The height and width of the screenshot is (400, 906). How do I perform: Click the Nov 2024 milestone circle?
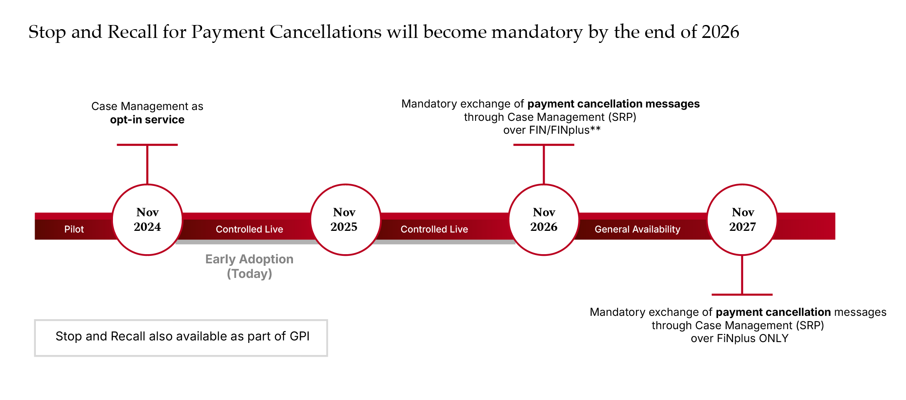coord(147,220)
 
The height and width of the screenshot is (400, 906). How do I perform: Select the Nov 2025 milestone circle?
coord(345,220)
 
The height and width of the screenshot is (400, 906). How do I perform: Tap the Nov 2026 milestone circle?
coord(543,220)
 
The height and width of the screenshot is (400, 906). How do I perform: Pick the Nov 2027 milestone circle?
coord(742,220)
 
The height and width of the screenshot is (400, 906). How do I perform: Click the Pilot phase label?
coord(74,229)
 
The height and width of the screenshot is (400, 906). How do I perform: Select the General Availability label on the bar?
coord(637,229)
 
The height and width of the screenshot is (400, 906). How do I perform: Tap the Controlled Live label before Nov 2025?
coord(249,229)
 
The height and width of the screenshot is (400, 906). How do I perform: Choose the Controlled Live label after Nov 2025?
coord(434,229)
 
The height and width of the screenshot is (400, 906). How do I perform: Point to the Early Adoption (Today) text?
coord(249,266)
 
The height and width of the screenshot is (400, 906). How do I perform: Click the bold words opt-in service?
coord(147,120)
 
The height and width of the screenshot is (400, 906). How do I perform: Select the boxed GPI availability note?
coord(181,337)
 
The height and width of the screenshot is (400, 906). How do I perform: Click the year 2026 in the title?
coord(720,32)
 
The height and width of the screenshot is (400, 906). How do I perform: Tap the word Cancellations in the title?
coord(325,32)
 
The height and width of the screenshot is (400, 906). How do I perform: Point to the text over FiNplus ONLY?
coord(739,338)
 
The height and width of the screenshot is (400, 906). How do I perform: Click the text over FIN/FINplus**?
coord(552,130)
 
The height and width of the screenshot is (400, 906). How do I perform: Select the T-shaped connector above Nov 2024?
coord(147,162)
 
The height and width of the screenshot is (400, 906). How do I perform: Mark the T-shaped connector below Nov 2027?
coord(742,277)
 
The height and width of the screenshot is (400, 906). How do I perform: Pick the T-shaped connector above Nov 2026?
coord(543,162)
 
